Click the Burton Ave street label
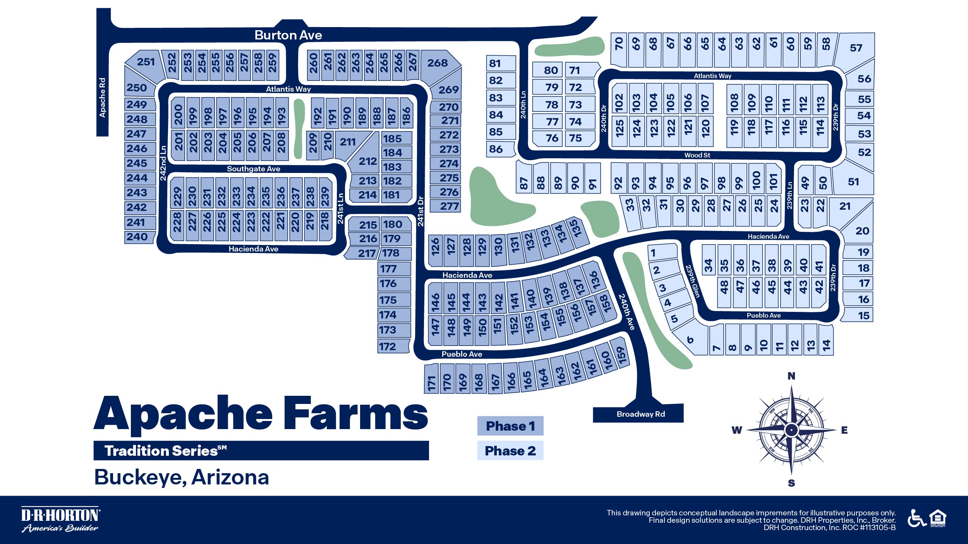point(288,35)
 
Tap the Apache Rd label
point(102,98)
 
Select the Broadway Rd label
point(640,414)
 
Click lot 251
point(146,62)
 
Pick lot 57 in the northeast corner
point(856,48)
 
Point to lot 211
point(347,142)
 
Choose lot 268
point(437,63)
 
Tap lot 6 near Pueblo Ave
point(690,340)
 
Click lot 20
point(862,231)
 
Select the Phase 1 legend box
point(510,426)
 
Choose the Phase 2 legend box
point(510,451)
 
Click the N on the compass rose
point(791,376)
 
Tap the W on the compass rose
point(736,430)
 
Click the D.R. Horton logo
point(60,519)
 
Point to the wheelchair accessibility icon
point(916,518)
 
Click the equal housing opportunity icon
point(937,518)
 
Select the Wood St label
point(697,155)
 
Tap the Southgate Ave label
point(253,169)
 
